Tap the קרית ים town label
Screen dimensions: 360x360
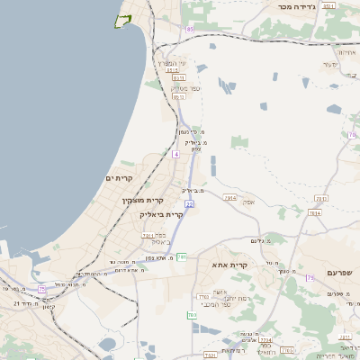(119, 178)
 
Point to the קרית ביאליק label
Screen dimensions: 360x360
(161, 214)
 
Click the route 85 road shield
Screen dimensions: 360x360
(190, 30)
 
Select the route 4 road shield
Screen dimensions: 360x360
(176, 155)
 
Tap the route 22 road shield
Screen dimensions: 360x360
(190, 204)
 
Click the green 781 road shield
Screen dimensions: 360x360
(181, 256)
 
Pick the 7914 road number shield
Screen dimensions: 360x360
(229, 198)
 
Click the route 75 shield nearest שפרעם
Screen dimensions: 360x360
(310, 278)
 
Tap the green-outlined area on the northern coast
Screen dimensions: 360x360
(124, 20)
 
